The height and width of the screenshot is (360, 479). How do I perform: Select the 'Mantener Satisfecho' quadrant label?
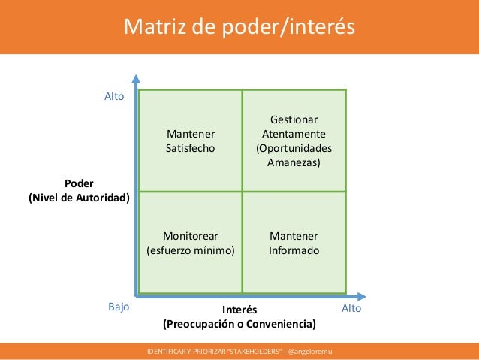[190, 141]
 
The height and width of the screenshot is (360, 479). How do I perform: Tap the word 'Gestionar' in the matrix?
[294, 120]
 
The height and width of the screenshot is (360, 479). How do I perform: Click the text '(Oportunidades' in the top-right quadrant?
[294, 148]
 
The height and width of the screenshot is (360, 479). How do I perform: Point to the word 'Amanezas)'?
[294, 162]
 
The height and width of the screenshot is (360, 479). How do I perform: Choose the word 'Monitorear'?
[190, 235]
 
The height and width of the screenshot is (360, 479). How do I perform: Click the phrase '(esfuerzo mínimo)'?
[190, 250]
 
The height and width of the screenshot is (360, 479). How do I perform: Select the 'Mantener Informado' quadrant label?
[294, 242]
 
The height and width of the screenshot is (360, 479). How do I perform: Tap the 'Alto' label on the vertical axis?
[114, 96]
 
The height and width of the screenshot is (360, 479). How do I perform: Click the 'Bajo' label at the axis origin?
[119, 307]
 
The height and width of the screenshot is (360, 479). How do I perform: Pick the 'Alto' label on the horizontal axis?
[351, 308]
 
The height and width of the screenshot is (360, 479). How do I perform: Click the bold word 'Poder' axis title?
[79, 184]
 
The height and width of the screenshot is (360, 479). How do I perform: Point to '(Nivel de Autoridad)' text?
[79, 198]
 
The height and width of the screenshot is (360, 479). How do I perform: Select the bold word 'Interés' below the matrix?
[240, 310]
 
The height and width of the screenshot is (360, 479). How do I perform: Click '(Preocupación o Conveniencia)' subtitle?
[239, 324]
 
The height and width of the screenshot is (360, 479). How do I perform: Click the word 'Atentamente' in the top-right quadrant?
[294, 135]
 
